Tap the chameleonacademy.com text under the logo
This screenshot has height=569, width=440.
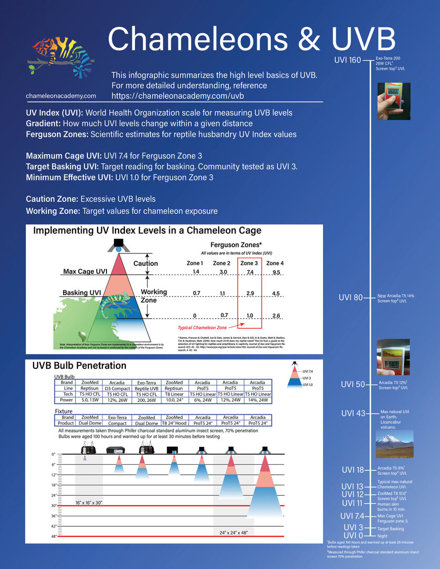[61, 96]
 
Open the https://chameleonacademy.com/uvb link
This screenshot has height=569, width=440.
[178, 96]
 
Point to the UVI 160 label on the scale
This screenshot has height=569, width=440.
[347, 60]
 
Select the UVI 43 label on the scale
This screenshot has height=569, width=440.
[353, 413]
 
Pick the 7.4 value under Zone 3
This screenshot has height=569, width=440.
[250, 272]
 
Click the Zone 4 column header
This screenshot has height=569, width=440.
[275, 263]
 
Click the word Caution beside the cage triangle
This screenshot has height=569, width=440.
[145, 263]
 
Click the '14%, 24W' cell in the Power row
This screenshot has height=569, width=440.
[258, 400]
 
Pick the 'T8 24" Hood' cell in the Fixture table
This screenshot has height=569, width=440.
[174, 423]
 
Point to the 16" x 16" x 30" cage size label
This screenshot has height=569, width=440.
[93, 503]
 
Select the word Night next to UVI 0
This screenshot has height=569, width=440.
[382, 536]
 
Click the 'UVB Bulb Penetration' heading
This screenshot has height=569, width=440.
[80, 365]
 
